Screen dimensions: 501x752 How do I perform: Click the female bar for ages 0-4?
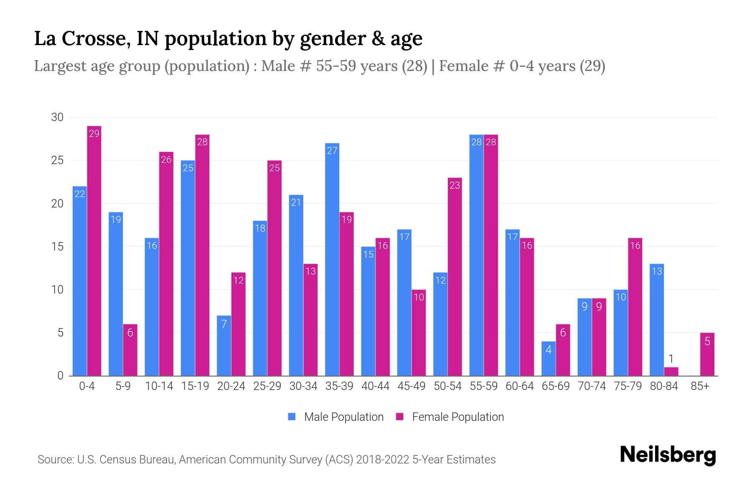94,250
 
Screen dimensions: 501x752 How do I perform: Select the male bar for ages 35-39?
332,259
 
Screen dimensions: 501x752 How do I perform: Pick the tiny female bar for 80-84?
671,371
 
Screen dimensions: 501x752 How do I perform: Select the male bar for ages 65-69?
549,359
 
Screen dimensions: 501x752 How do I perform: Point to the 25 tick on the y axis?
57,160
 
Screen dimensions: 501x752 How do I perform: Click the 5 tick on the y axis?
60,333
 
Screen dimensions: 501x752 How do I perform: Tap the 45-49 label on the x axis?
412,386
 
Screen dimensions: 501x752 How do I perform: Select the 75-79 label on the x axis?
628,386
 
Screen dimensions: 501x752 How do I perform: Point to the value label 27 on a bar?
332,151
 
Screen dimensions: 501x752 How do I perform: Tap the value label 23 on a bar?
455,185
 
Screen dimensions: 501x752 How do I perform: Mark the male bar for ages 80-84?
657,319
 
